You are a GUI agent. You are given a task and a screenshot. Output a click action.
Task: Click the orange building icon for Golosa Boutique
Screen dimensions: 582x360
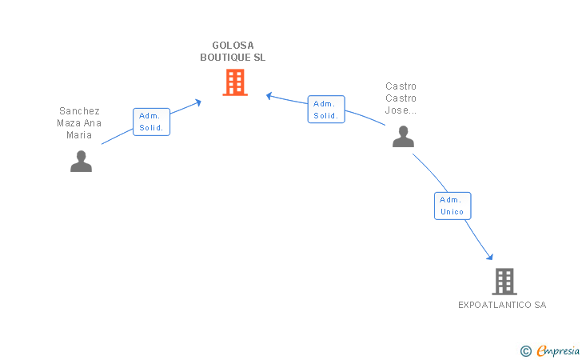pos(235,82)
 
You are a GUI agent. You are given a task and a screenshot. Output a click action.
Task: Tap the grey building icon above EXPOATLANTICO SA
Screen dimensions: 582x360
pos(504,282)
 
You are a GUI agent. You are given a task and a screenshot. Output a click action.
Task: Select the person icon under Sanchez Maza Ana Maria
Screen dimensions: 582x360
pos(81,162)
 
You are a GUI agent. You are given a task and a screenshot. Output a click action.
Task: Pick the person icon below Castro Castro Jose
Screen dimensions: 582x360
pos(403,136)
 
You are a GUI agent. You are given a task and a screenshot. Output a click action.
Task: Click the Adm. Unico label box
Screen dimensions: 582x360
pos(452,206)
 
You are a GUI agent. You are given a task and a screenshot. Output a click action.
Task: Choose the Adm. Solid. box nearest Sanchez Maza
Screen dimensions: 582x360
pos(151,122)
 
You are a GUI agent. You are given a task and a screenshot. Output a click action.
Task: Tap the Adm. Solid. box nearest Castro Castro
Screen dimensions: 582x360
pos(326,110)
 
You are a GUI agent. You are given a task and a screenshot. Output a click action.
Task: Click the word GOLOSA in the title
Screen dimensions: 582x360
pos(233,46)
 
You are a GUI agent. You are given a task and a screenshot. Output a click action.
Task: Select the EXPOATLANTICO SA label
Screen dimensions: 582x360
pos(502,305)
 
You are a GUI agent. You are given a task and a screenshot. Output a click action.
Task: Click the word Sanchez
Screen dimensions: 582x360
pos(79,111)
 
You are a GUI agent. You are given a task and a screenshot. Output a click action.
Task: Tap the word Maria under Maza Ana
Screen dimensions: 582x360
pos(79,135)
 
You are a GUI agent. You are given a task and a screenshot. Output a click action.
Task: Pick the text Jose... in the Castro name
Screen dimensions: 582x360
pos(401,110)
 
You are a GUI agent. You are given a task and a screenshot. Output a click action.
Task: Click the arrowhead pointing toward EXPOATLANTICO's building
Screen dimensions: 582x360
pos(490,256)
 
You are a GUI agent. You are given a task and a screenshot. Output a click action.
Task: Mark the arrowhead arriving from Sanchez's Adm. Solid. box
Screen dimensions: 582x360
pos(197,102)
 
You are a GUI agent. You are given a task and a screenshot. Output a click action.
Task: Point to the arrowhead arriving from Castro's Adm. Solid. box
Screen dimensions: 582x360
pos(269,96)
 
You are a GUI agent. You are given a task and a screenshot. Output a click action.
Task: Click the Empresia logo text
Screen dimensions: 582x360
pos(558,350)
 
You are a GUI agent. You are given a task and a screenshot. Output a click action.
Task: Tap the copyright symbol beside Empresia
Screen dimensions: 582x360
pos(525,351)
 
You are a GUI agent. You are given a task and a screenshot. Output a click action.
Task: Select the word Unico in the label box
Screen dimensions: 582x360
pos(452,212)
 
